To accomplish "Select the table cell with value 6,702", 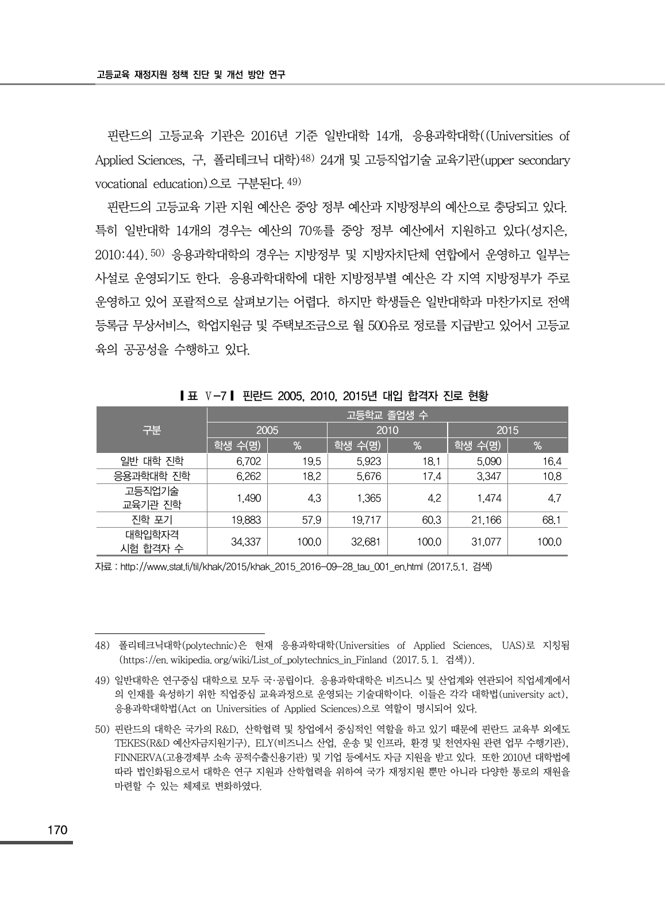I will [x=248, y=461].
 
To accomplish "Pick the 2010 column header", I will [x=387, y=430].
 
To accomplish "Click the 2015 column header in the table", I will [x=507, y=430].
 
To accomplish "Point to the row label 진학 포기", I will [x=152, y=520].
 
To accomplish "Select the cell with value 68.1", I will [x=551, y=520].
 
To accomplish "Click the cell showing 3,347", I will [x=489, y=476].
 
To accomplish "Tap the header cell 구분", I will [x=152, y=430].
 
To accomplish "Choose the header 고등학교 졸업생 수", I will [x=387, y=414].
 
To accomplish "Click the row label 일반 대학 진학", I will [x=152, y=461].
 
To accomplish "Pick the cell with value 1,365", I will [x=368, y=498].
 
